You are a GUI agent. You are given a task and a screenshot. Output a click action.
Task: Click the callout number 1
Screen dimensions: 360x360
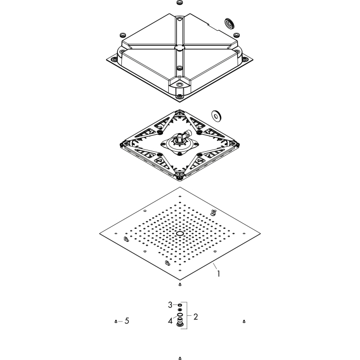219,274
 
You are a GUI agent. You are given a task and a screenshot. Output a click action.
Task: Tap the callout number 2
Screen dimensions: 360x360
195,317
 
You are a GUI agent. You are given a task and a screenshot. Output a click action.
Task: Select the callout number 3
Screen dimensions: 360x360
170,305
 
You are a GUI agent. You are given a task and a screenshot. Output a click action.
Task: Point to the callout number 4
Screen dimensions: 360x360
170,321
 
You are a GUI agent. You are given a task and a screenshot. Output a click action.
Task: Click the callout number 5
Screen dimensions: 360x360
127,321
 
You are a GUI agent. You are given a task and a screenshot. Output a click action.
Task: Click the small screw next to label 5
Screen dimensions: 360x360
116,321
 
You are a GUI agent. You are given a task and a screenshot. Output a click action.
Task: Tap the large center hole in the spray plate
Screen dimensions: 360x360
180,233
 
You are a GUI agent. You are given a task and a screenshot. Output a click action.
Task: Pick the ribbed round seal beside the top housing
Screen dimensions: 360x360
229,24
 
